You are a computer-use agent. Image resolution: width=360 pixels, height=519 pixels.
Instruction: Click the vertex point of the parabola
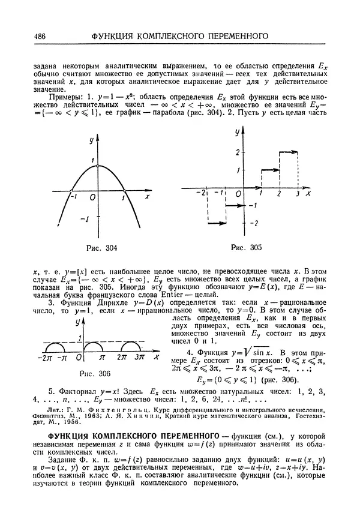[100, 166]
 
